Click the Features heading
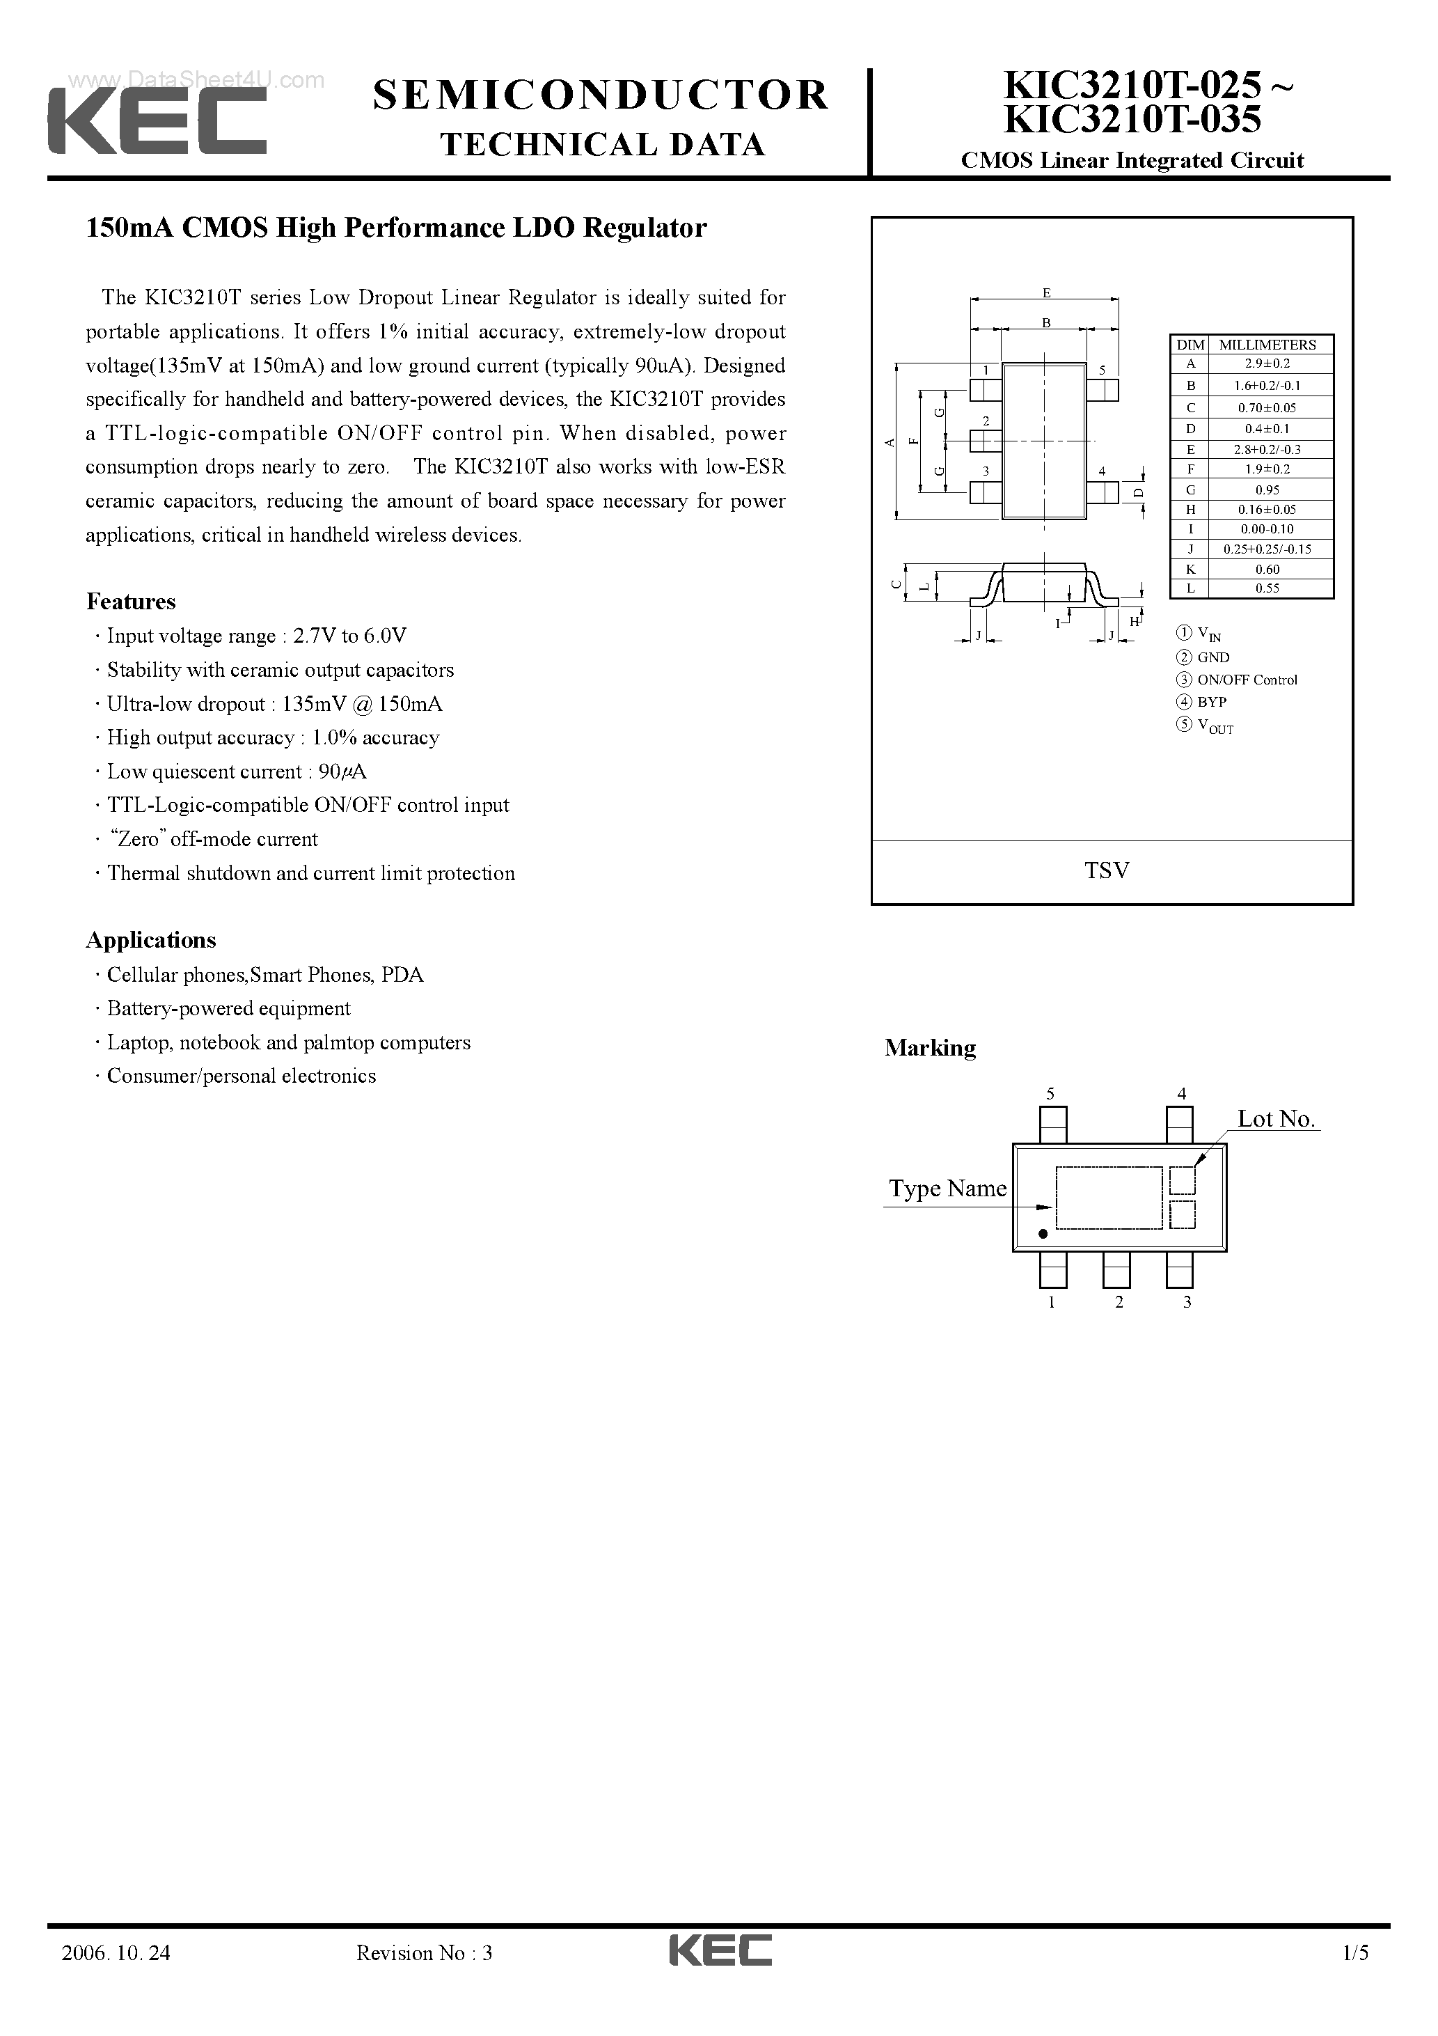click(132, 602)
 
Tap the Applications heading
click(151, 940)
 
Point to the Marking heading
click(930, 1048)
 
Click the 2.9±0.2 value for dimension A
click(1267, 363)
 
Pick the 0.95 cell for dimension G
click(1267, 490)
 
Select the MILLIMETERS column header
click(1267, 344)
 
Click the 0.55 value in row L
click(1267, 588)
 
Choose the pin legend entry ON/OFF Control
click(1247, 680)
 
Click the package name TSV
click(1107, 871)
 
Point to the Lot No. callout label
click(1276, 1119)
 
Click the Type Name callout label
click(948, 1189)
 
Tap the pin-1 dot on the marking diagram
click(1043, 1233)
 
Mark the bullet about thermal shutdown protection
click(310, 873)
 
